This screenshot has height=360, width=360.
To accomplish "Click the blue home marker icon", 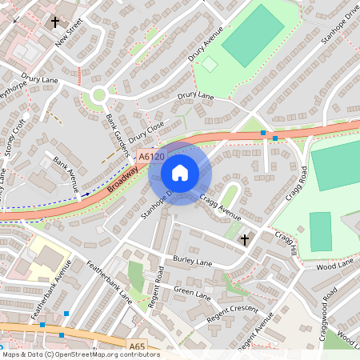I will [180, 173].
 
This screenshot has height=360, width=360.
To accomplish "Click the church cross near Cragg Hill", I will [245, 238].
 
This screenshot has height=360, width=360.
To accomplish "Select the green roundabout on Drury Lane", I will [99, 95].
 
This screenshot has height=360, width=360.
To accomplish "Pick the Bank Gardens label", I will [117, 130].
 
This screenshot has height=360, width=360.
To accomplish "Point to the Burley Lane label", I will [192, 262].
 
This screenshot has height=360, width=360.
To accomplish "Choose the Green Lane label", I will [192, 295].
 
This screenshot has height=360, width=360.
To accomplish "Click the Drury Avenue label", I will [206, 48].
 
